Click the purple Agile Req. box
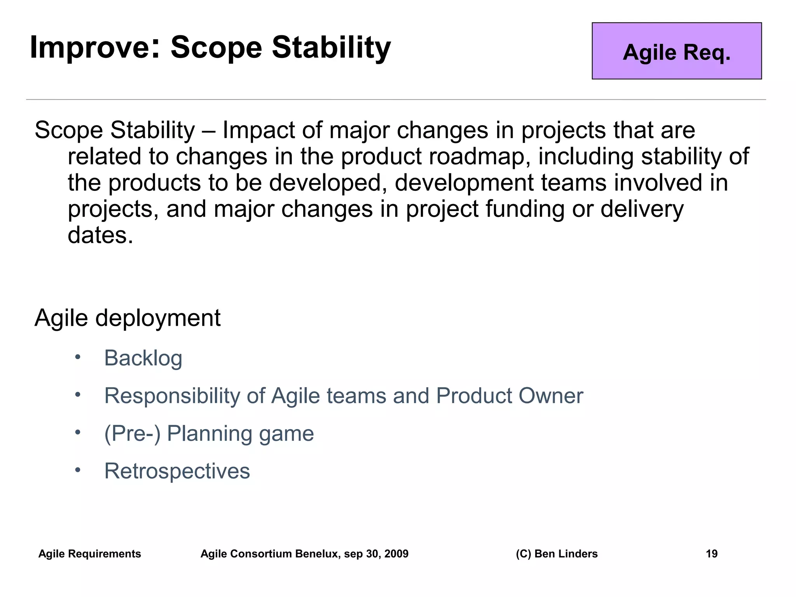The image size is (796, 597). coord(676,51)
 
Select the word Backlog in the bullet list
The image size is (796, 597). coord(143,358)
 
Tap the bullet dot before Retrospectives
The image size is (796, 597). coord(78,470)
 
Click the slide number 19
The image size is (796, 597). coord(711,553)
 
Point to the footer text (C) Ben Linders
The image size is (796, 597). coord(556,553)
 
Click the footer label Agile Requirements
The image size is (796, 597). coord(89,553)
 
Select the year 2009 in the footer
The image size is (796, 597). coord(396,553)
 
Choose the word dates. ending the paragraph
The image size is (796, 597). coord(100,236)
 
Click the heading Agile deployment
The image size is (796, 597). coord(127,318)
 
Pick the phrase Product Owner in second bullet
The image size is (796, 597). coord(509,396)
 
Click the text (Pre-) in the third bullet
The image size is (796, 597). coord(132,433)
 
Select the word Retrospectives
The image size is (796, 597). coord(177,471)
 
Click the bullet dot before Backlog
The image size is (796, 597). coord(78,357)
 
